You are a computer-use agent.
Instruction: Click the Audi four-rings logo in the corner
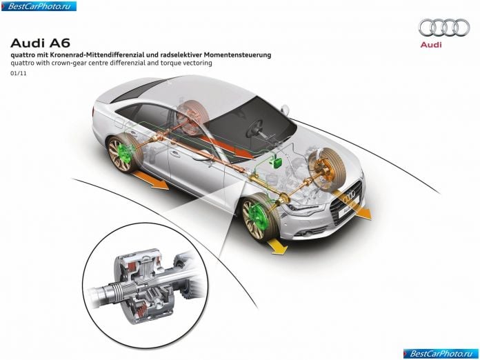(x=444, y=28)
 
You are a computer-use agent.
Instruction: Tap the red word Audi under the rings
(x=431, y=45)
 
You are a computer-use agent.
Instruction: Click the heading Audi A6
(x=41, y=43)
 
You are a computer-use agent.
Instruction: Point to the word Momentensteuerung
(x=237, y=55)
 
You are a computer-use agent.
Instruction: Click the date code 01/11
(x=19, y=74)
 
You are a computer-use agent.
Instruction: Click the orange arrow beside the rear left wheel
(x=151, y=180)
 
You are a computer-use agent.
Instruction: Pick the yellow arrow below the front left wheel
(x=277, y=245)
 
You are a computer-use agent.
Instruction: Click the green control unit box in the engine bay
(x=277, y=161)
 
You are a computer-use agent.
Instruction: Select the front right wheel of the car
(x=328, y=168)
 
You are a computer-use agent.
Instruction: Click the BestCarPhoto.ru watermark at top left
(x=39, y=6)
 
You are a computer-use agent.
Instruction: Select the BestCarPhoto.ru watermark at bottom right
(x=441, y=354)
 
